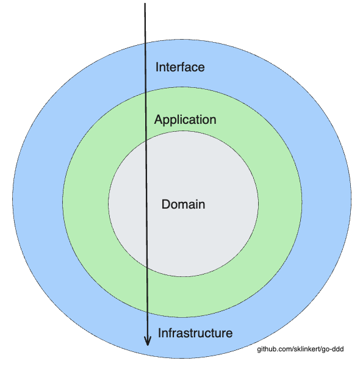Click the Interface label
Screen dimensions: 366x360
[180, 67]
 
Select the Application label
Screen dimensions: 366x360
[185, 120]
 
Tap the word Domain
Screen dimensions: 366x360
[183, 204]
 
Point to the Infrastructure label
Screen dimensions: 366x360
[195, 333]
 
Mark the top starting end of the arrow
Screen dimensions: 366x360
[145, 4]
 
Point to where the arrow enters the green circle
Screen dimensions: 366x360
[145, 93]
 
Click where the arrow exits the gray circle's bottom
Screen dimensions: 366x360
[146, 268]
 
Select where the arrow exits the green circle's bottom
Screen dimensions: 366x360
[147, 315]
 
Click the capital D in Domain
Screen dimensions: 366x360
[165, 204]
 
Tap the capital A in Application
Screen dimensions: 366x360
[159, 120]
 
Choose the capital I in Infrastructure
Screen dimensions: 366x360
[160, 333]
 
